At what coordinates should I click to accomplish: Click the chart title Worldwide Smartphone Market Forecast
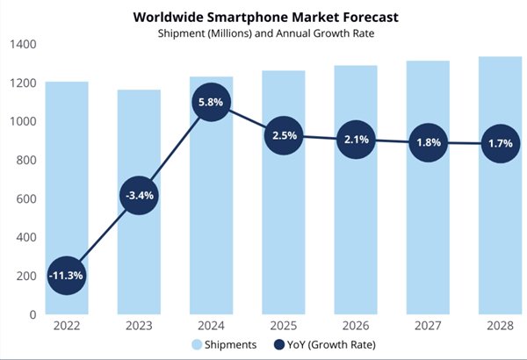(263, 16)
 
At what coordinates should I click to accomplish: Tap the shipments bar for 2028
(499, 220)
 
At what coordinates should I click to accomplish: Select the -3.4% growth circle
(140, 196)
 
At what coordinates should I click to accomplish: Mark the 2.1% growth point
(355, 139)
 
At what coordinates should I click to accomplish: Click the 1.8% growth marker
(427, 142)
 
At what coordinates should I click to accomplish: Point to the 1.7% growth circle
(499, 143)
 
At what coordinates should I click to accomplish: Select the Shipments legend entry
(224, 345)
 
